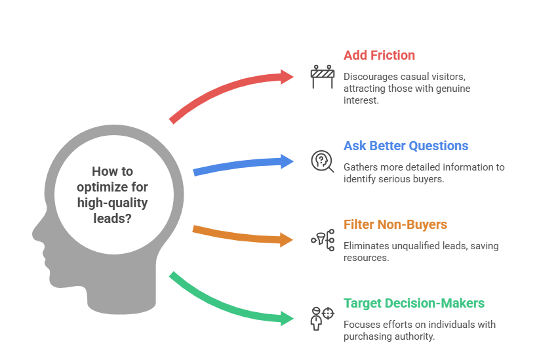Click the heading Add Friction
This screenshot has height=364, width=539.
379,55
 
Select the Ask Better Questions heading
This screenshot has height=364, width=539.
406,146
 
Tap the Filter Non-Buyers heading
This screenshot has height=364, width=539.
395,224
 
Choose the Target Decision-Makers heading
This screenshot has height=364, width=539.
414,303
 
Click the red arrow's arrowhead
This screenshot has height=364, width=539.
288,77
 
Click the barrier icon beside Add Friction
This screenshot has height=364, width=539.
322,76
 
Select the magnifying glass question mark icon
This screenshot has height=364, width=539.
321,160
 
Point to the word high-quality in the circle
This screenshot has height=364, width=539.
111,203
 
